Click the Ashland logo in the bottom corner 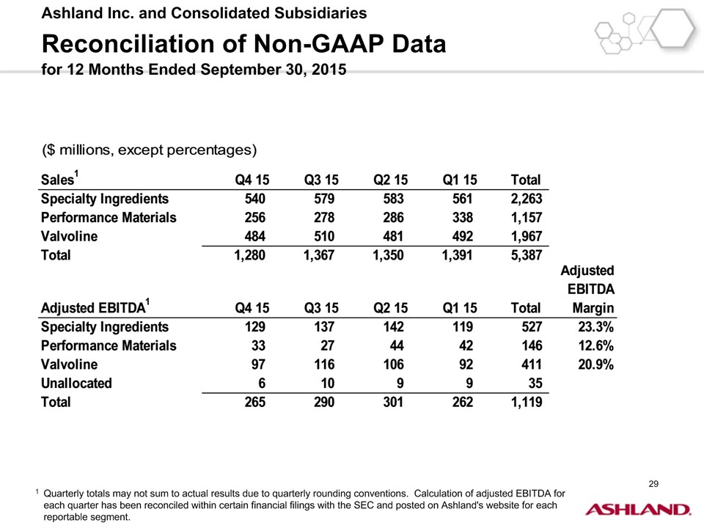(637, 509)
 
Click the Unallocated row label (76, 383)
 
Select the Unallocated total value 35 (532, 383)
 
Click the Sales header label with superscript (59, 179)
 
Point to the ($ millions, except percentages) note (149, 150)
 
